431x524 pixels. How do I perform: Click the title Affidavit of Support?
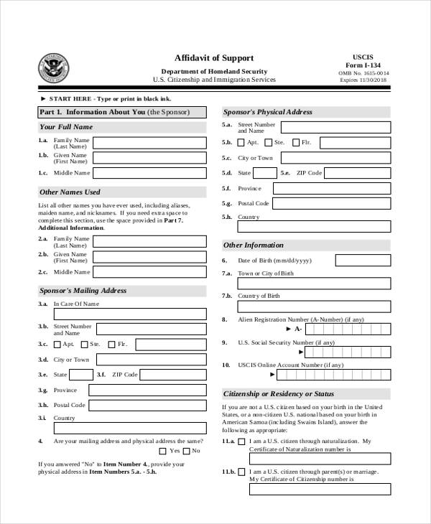pyautogui.click(x=214, y=57)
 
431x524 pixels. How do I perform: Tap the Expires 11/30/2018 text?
pyautogui.click(x=363, y=81)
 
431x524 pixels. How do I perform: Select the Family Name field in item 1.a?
pyautogui.click(x=149, y=143)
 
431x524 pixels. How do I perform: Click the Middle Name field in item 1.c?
pyautogui.click(x=149, y=173)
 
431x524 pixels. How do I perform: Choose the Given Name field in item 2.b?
pyautogui.click(x=149, y=257)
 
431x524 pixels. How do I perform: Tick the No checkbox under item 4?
pyautogui.click(x=187, y=451)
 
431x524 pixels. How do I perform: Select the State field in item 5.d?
pyautogui.click(x=265, y=173)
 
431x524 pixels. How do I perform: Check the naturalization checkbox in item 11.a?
pyautogui.click(x=242, y=441)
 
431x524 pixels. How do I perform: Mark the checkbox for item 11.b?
pyautogui.click(x=242, y=472)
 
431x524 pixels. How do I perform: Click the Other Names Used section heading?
pyautogui.click(x=70, y=192)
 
